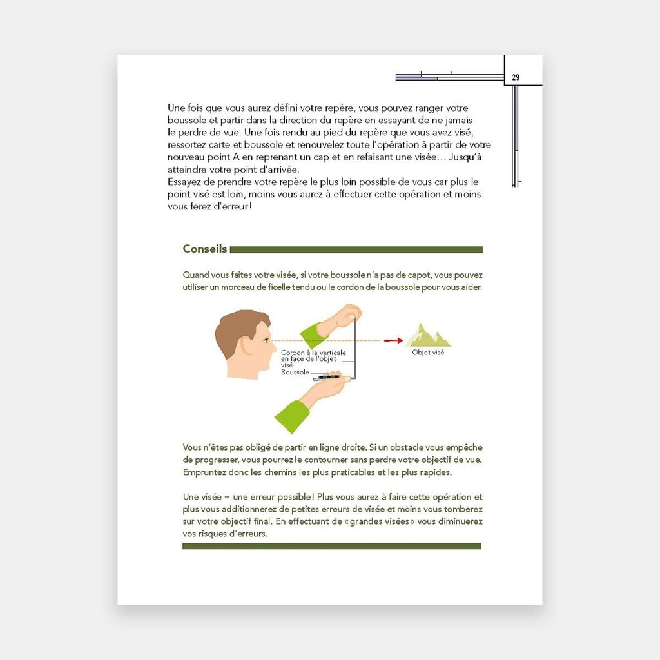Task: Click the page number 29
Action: click(x=516, y=77)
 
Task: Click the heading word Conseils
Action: click(x=204, y=249)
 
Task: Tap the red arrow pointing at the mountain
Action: click(x=393, y=340)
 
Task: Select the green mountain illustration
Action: click(x=427, y=335)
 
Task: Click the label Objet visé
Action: click(x=428, y=353)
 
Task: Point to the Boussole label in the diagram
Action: click(x=295, y=372)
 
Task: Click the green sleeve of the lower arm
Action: click(x=292, y=416)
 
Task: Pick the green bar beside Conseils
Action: click(x=356, y=249)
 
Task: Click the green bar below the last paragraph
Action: click(x=332, y=546)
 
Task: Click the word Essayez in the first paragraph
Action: click(x=184, y=182)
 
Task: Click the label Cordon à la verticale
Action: click(x=314, y=353)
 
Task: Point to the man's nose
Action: click(x=270, y=346)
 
